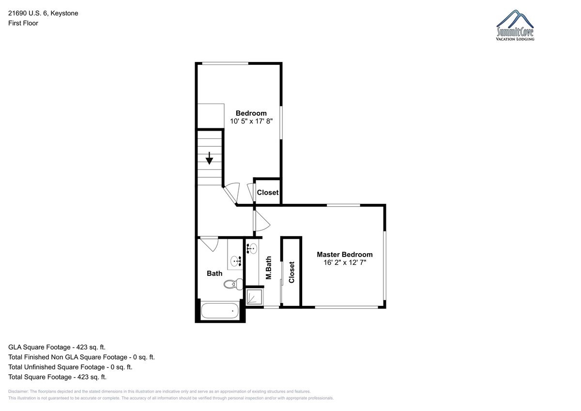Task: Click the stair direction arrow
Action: click(209, 158)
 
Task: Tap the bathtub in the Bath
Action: click(220, 311)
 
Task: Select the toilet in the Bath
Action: click(233, 284)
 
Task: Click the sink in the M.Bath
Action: click(252, 249)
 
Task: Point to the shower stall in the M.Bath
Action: click(255, 297)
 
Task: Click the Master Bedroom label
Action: click(344, 254)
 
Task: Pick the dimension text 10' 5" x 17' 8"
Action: click(251, 121)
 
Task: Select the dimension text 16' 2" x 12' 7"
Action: click(344, 262)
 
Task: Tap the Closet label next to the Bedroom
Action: click(267, 192)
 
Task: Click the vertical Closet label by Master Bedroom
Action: click(291, 272)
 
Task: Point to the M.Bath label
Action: click(269, 268)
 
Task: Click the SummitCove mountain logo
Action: click(515, 25)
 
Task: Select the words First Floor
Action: click(23, 23)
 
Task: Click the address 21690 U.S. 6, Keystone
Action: click(43, 13)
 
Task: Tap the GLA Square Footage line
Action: click(57, 347)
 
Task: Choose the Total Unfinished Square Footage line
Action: click(70, 367)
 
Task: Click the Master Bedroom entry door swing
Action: click(262, 221)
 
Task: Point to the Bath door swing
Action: click(209, 244)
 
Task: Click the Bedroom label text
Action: click(251, 113)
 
